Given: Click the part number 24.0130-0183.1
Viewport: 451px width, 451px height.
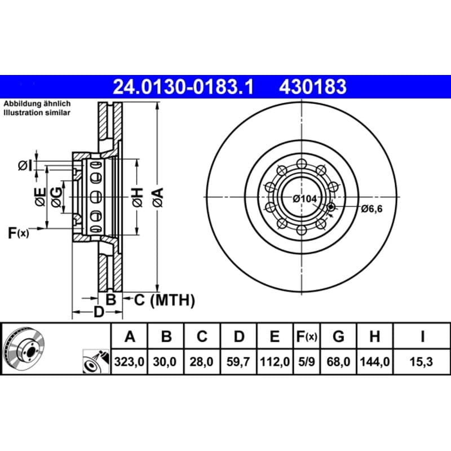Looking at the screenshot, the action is [183, 87].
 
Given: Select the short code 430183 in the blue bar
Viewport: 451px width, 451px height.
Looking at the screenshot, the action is [313, 87].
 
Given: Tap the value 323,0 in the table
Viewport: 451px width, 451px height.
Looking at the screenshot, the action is [129, 361].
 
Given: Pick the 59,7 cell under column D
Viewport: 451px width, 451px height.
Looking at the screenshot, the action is [238, 361].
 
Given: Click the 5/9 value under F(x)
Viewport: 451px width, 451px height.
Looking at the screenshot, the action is [306, 361].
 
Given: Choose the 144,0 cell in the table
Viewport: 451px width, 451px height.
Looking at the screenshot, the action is [375, 361].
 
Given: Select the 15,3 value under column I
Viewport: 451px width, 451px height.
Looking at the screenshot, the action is [421, 361].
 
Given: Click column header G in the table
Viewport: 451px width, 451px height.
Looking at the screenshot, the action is [338, 336].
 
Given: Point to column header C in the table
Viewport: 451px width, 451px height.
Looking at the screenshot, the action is [202, 336].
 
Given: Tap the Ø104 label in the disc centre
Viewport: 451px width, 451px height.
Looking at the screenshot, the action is [304, 199].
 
